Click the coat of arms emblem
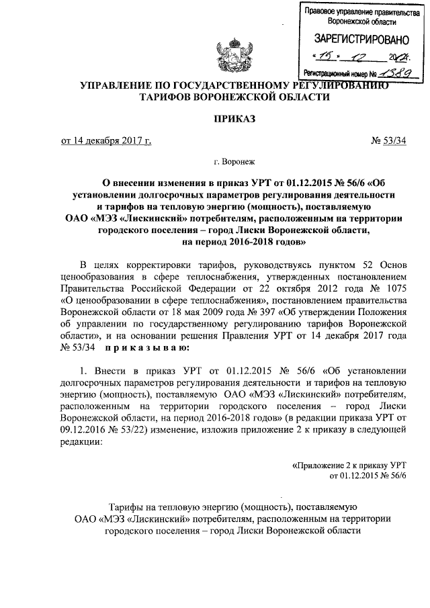230,57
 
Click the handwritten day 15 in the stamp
328,56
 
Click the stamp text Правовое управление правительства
356,11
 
